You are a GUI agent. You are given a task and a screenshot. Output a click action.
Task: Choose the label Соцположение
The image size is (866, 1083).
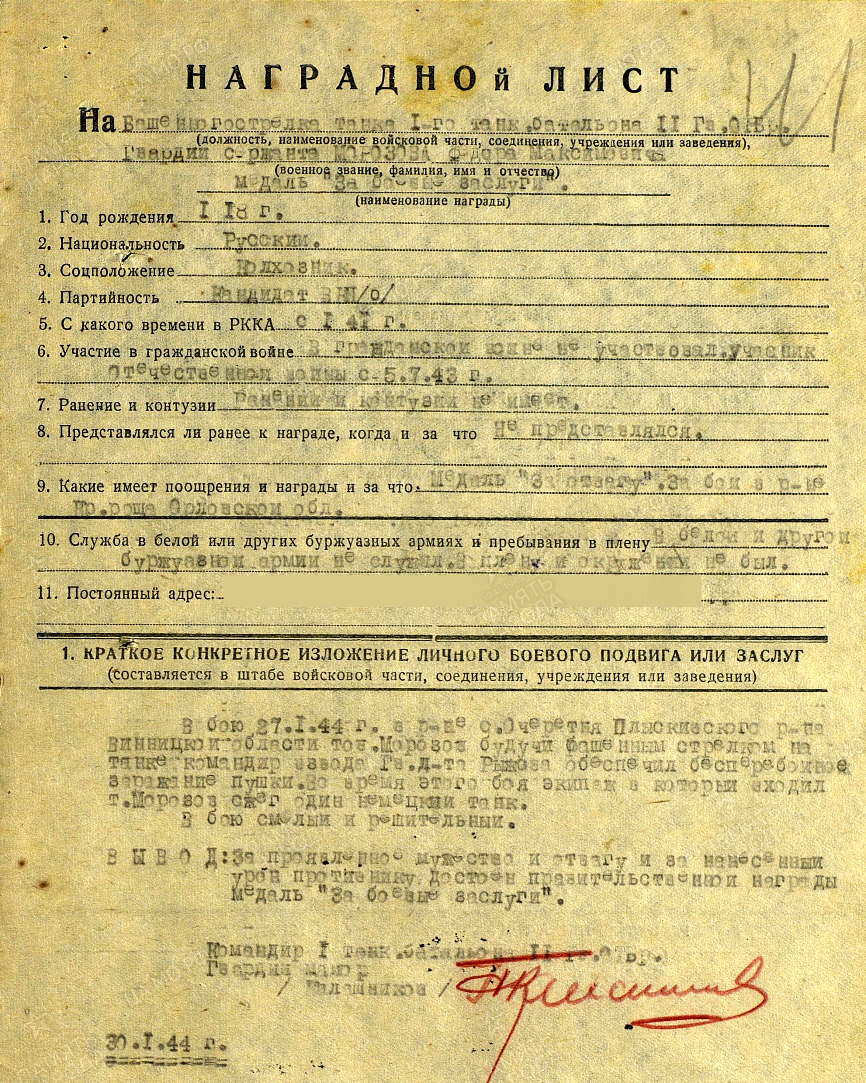pos(117,271)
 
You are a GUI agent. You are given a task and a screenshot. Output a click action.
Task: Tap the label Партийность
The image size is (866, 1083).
pos(109,298)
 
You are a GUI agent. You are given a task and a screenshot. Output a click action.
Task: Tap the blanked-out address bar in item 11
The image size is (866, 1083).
pos(462,592)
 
